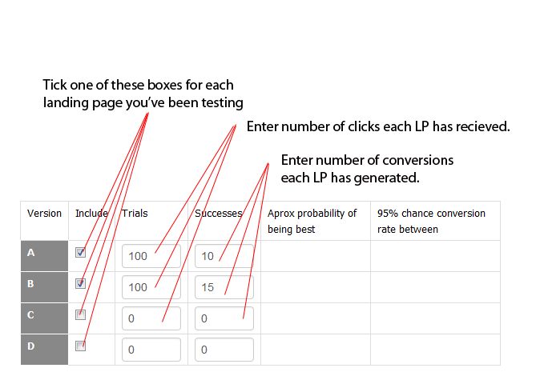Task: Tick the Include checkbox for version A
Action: click(80, 252)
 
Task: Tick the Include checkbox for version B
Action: click(80, 283)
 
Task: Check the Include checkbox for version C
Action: click(80, 314)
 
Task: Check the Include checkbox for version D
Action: click(80, 346)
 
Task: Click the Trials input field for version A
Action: click(151, 256)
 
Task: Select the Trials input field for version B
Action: click(151, 287)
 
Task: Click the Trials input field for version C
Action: click(151, 318)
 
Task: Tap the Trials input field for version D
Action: click(151, 350)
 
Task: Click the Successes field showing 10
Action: click(224, 256)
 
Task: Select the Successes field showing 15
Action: click(224, 287)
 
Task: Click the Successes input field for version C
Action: click(224, 318)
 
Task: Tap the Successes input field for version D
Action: click(224, 350)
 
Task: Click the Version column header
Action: click(44, 214)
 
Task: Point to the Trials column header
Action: click(135, 214)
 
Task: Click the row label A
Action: click(31, 253)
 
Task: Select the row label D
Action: click(31, 346)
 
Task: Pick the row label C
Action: click(31, 315)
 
